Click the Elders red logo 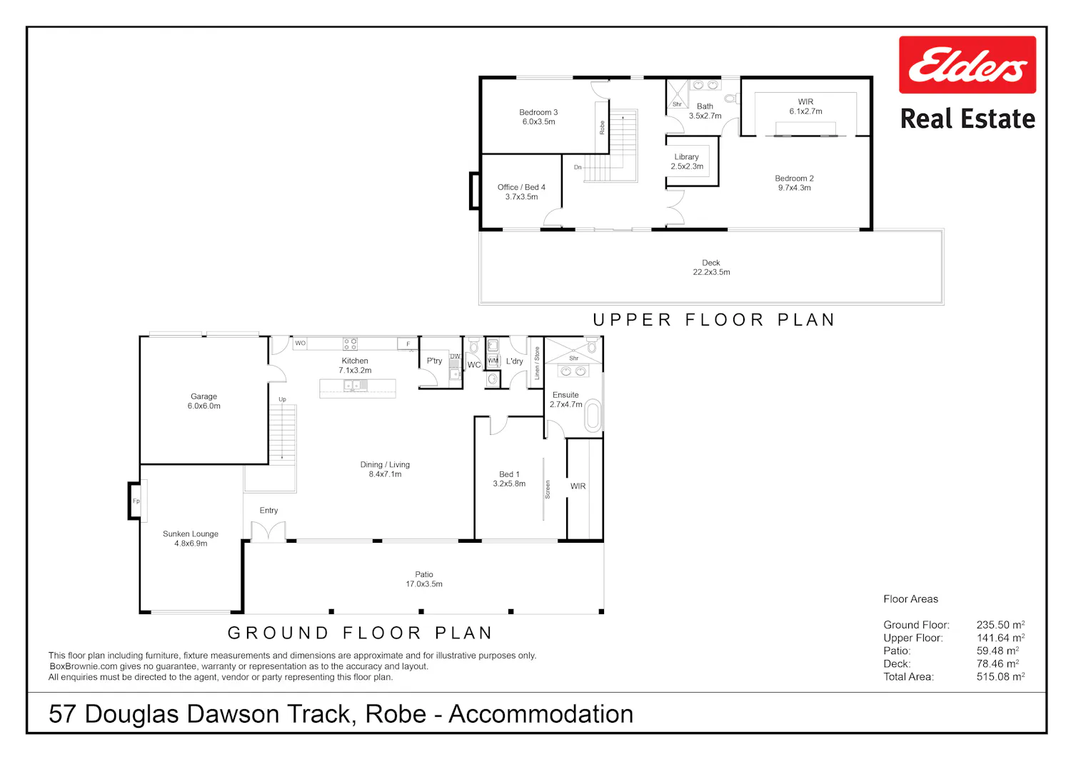point(967,64)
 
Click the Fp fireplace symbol point(136,501)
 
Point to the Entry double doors point(268,531)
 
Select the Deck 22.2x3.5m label point(711,267)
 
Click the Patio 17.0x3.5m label point(424,579)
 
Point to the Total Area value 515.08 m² point(1000,676)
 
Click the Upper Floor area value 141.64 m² point(1000,638)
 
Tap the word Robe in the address point(396,714)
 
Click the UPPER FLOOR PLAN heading point(714,319)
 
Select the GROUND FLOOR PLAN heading point(360,633)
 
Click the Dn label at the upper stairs point(578,167)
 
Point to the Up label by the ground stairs point(282,399)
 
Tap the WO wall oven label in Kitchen point(301,343)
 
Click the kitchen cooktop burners point(350,344)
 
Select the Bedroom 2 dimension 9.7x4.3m point(794,188)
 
